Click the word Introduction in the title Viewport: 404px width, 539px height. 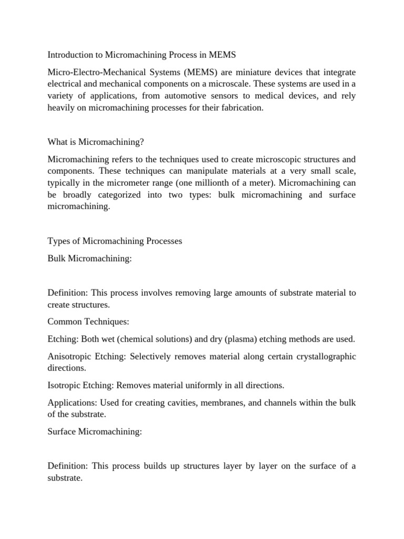[x=71, y=54]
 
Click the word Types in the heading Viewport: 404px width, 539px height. [x=58, y=241]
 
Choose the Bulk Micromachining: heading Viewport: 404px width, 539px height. [x=89, y=259]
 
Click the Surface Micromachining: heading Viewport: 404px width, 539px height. [x=95, y=432]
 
